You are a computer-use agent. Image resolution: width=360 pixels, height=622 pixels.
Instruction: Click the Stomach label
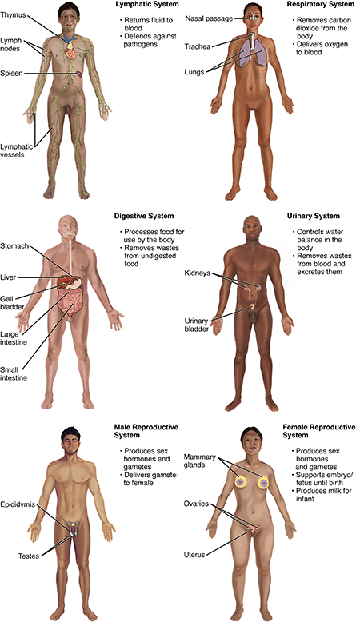click(x=16, y=246)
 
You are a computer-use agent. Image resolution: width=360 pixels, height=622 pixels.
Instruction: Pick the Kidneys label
click(x=196, y=273)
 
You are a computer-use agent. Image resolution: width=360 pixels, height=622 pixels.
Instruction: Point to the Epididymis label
click(x=19, y=504)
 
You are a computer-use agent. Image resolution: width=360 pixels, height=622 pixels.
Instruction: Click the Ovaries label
click(x=197, y=504)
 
